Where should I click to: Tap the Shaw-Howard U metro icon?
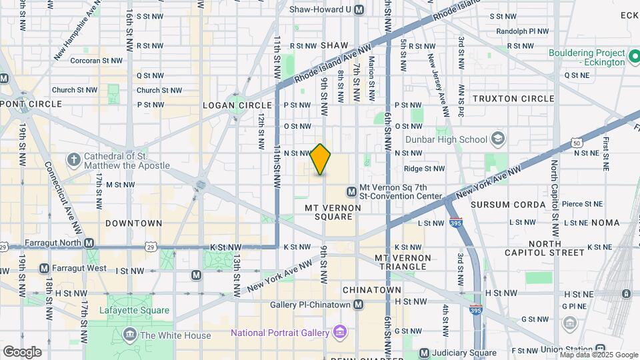tap(359, 9)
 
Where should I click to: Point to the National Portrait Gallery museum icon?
tap(340, 332)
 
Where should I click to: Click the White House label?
tap(176, 335)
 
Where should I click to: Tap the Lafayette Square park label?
tap(134, 310)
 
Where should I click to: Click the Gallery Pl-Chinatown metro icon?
tap(359, 305)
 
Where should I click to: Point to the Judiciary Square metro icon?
tap(424, 353)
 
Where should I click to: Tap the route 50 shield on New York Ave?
tap(576, 143)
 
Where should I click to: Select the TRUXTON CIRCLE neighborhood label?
tap(513, 99)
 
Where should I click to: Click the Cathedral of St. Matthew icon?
tap(73, 160)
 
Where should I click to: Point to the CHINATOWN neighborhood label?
tap(372, 290)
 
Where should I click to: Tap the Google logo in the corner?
tap(22, 351)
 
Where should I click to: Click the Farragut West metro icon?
tap(44, 268)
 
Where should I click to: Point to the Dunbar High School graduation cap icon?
tap(497, 139)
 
